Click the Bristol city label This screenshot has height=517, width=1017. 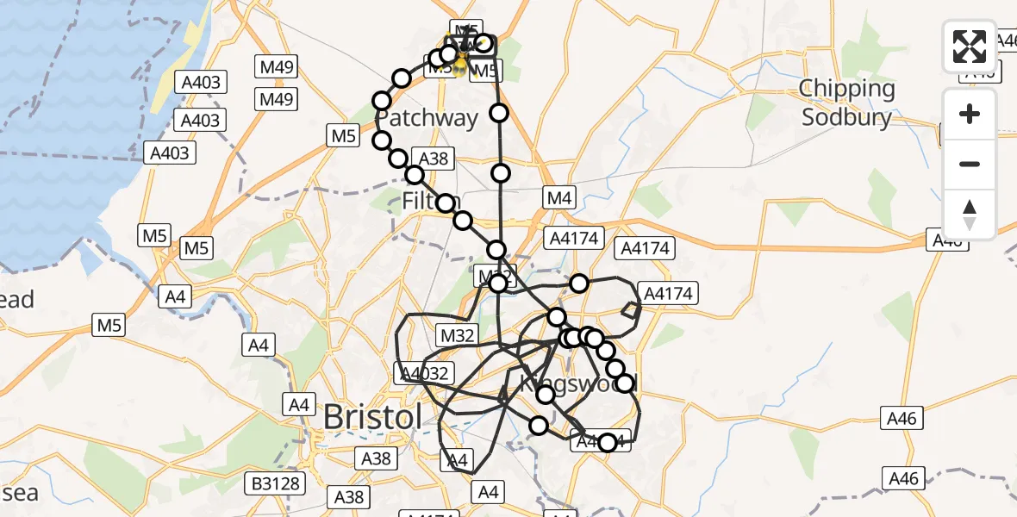coord(372,417)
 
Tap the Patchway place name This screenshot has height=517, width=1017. coord(427,119)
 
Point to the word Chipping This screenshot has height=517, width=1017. coord(847,89)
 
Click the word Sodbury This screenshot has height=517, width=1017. coord(846,117)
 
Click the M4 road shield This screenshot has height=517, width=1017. coord(558,198)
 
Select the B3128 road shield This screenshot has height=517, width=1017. coord(276,483)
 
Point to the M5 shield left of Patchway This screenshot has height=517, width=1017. coord(343,135)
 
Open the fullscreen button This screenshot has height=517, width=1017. coord(970,47)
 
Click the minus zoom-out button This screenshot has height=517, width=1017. coord(970,164)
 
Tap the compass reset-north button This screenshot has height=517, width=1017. coord(970,214)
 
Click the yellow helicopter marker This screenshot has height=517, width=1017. coord(460,62)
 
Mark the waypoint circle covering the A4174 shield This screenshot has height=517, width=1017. coord(608,443)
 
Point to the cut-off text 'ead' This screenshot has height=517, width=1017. coord(17,300)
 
